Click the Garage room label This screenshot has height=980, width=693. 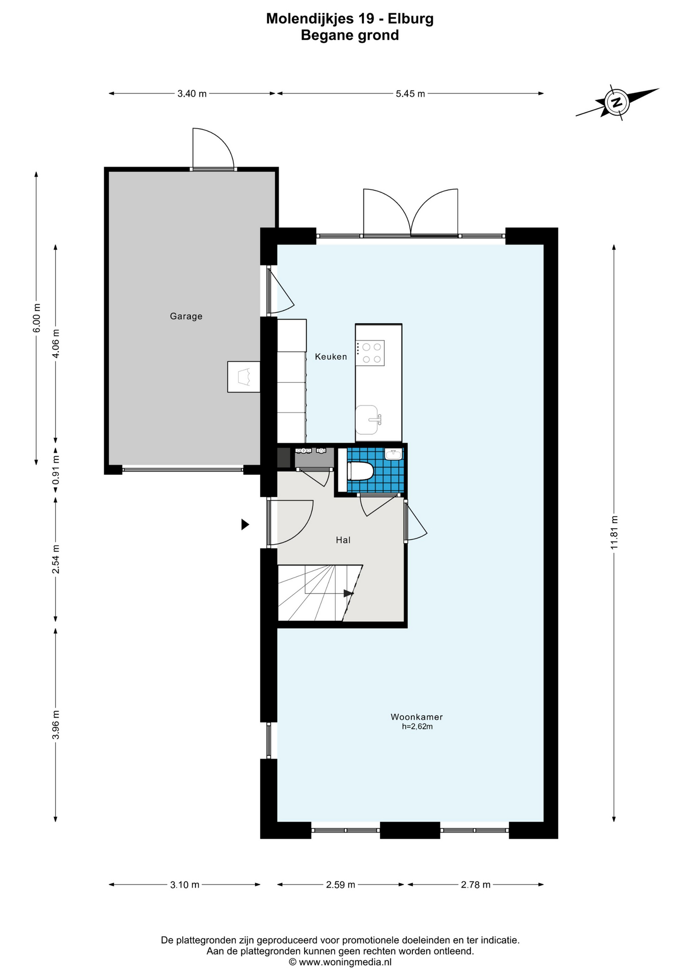point(186,316)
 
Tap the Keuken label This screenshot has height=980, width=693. point(331,357)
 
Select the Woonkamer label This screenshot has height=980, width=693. point(416,717)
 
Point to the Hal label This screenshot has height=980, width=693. point(343,540)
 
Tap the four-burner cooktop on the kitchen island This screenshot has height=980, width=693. point(370,353)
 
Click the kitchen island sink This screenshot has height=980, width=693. point(368,420)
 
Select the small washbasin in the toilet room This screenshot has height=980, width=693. point(393,454)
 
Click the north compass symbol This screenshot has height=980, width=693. point(617,102)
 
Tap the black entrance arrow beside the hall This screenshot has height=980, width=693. point(245,524)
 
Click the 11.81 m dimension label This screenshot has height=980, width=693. point(614,532)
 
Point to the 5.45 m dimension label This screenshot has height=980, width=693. point(410,94)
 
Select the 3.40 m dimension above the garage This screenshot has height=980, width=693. point(192,94)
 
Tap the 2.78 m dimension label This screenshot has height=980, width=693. point(476,885)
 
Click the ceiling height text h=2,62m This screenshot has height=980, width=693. point(417,727)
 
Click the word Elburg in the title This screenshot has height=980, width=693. point(411,19)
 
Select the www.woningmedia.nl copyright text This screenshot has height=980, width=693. point(340,962)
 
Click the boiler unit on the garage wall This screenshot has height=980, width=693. point(243,377)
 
